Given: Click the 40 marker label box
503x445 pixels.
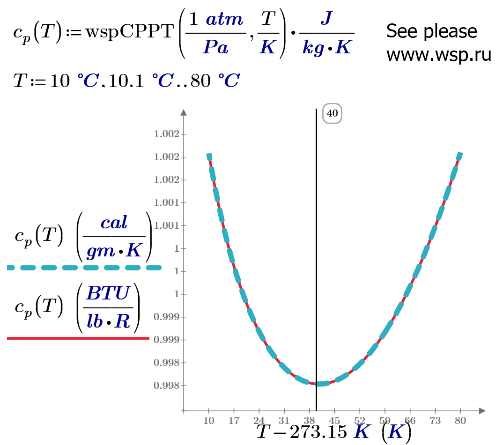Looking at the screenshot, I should pyautogui.click(x=332, y=114).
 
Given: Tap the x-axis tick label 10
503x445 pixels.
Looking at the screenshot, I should pyautogui.click(x=209, y=421).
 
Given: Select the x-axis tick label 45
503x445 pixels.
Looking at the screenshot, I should pyautogui.click(x=334, y=421).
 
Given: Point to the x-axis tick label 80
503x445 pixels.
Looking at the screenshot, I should pyautogui.click(x=460, y=421).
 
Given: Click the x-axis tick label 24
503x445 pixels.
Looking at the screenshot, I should pyautogui.click(x=259, y=421).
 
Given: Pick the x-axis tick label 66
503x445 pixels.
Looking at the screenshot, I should pyautogui.click(x=410, y=421).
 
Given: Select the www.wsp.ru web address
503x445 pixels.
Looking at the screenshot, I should pyautogui.click(x=438, y=55).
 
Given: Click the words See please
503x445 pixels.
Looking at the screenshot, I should pyautogui.click(x=431, y=31).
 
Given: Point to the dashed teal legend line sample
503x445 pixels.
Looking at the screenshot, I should pyautogui.click(x=84, y=268).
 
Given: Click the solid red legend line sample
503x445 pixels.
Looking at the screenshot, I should pyautogui.click(x=78, y=337).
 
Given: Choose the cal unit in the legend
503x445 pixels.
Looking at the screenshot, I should pyautogui.click(x=114, y=223).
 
